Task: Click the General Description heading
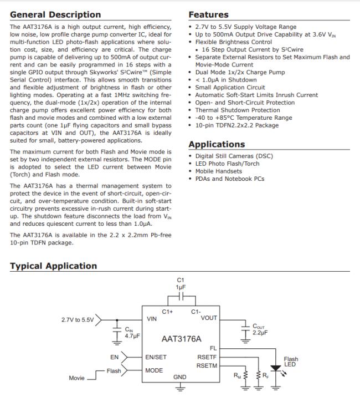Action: point(55,15)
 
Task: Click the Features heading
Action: point(208,15)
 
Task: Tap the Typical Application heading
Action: point(53,266)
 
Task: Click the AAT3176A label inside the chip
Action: point(181,338)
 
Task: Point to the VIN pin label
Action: point(152,319)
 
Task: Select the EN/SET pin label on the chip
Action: point(156,358)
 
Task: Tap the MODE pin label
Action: point(154,370)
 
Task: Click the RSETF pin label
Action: point(207,358)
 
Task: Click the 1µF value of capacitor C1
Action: point(180,287)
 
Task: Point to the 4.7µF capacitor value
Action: point(132,336)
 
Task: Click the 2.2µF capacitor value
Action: point(261,333)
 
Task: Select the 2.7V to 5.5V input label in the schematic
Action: point(78,320)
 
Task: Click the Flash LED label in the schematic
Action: point(291,362)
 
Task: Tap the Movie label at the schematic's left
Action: point(76,378)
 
